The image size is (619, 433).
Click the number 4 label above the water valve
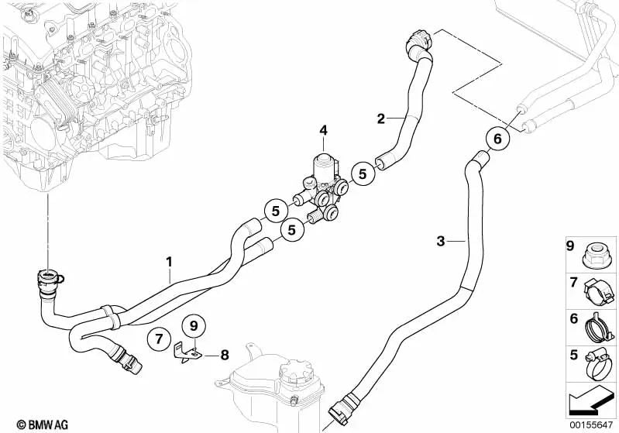(323, 130)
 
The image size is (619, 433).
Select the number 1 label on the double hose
(169, 262)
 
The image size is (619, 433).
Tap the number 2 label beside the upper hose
(380, 119)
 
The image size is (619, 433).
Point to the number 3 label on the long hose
(441, 241)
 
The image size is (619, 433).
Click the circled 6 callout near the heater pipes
(497, 139)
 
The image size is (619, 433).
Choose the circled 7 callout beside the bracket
(159, 339)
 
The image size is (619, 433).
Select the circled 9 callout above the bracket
(194, 326)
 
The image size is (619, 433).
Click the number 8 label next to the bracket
(224, 356)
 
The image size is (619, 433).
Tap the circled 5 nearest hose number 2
(363, 174)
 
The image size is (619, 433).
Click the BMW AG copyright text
(43, 424)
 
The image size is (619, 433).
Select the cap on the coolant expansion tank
(294, 371)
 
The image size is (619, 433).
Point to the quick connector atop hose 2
(418, 42)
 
